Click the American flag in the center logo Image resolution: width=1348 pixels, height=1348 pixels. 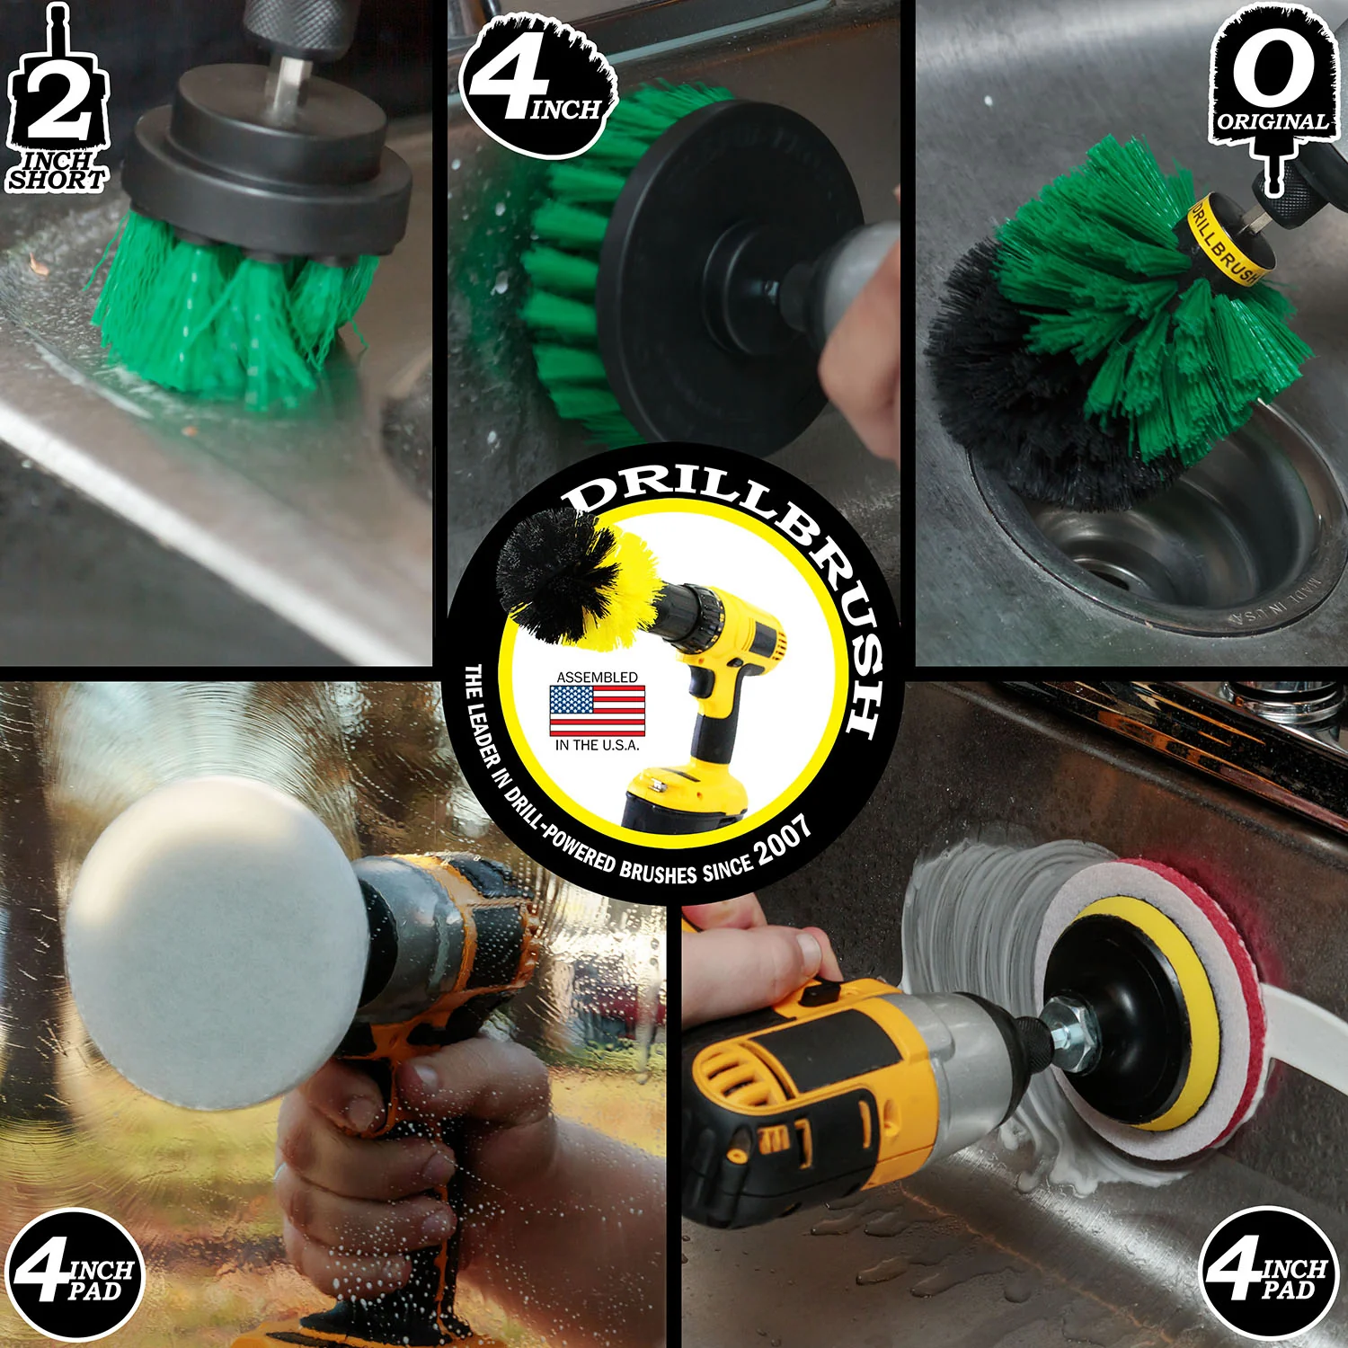pyautogui.click(x=597, y=711)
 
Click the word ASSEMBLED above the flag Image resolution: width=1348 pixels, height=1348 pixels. pyautogui.click(x=597, y=677)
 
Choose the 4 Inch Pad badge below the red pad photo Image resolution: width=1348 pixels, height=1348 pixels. pyautogui.click(x=1267, y=1272)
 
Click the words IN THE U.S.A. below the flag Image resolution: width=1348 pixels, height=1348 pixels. pyautogui.click(x=597, y=745)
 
